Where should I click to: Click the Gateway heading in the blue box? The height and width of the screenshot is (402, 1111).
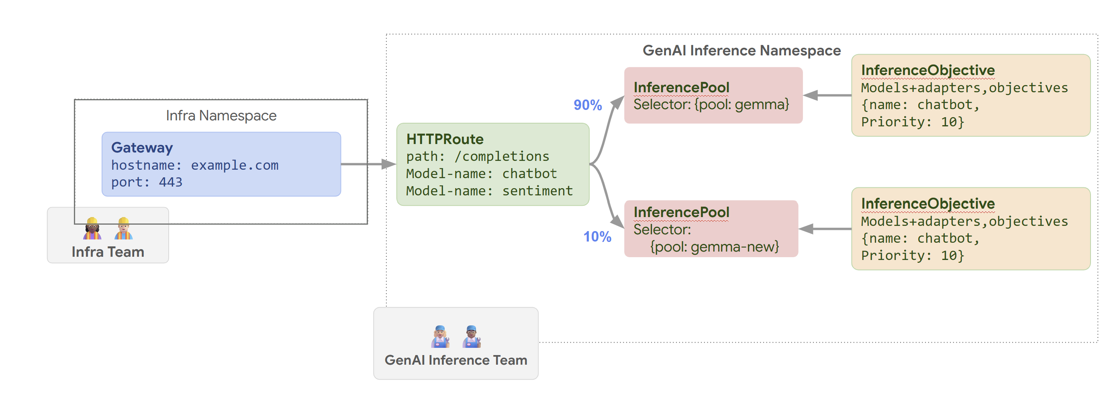click(x=142, y=148)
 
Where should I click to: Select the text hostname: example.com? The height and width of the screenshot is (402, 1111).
click(x=194, y=165)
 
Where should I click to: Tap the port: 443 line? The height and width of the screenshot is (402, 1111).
click(x=147, y=182)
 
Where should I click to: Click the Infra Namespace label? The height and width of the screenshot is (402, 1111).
click(x=221, y=116)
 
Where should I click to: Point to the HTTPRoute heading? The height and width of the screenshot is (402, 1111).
click(x=445, y=139)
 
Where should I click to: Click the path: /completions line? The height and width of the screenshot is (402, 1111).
click(x=478, y=156)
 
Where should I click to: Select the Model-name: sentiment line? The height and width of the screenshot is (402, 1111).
click(x=489, y=191)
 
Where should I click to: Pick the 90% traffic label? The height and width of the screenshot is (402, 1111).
click(x=587, y=105)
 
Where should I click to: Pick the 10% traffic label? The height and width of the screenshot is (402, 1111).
click(x=597, y=237)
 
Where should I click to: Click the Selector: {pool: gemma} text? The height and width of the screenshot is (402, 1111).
click(x=711, y=105)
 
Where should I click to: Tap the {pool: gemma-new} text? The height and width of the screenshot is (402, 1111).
click(x=714, y=247)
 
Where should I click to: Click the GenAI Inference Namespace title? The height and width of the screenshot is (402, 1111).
click(x=741, y=51)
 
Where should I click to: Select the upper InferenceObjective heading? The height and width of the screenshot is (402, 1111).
click(x=928, y=70)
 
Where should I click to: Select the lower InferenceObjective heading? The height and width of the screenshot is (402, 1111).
click(x=928, y=204)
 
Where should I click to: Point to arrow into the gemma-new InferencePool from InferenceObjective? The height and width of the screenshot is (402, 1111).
click(x=824, y=229)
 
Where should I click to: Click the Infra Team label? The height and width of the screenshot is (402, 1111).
click(x=108, y=252)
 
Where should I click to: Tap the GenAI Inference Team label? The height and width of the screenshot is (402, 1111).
click(x=455, y=360)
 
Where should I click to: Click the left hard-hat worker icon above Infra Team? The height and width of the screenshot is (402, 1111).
click(x=92, y=228)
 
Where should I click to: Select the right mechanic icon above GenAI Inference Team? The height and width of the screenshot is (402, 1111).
click(x=472, y=337)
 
